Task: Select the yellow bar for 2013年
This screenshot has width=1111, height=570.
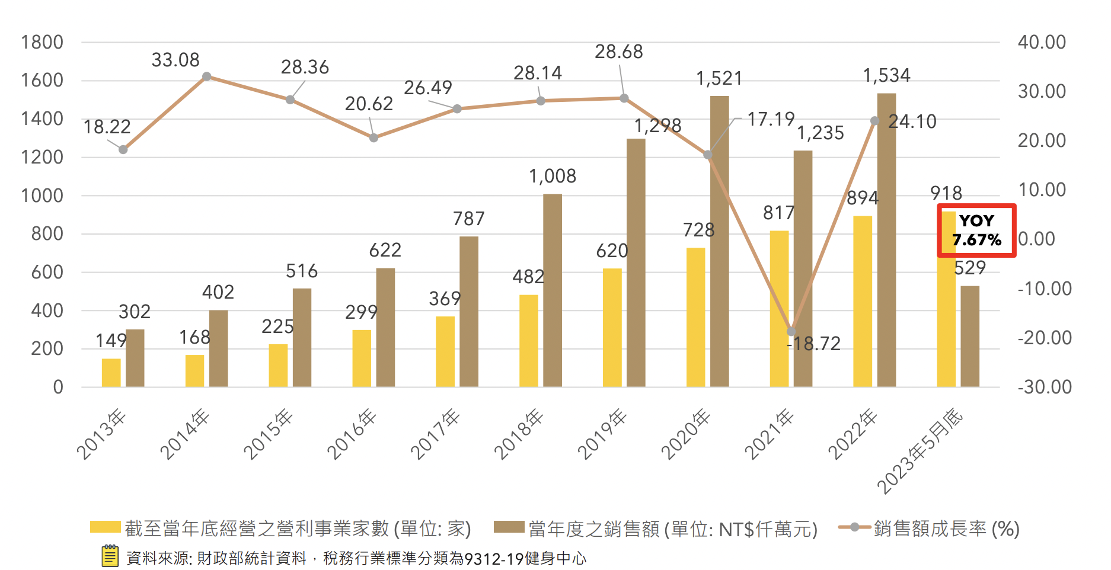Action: [111, 373]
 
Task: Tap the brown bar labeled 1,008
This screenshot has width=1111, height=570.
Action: [552, 290]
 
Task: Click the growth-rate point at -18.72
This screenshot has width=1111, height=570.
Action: [791, 332]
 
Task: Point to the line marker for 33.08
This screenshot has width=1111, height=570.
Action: [206, 76]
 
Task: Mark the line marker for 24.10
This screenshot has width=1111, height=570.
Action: [874, 121]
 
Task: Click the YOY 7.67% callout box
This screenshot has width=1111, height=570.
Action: [976, 230]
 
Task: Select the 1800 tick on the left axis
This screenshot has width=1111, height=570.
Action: [41, 43]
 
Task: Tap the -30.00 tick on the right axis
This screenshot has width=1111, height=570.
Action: [1045, 388]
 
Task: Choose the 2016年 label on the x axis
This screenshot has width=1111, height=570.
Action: [352, 434]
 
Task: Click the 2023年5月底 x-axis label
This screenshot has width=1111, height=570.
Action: [920, 450]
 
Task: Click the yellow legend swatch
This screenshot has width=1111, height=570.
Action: [105, 527]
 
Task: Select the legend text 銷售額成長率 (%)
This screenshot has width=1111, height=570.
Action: [946, 529]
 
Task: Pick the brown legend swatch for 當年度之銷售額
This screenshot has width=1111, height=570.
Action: [509, 527]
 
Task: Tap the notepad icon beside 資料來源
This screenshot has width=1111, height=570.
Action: [110, 556]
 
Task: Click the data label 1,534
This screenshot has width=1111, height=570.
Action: [886, 76]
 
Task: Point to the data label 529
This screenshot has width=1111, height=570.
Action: [970, 268]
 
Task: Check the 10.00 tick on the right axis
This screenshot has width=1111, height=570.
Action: [1042, 190]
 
